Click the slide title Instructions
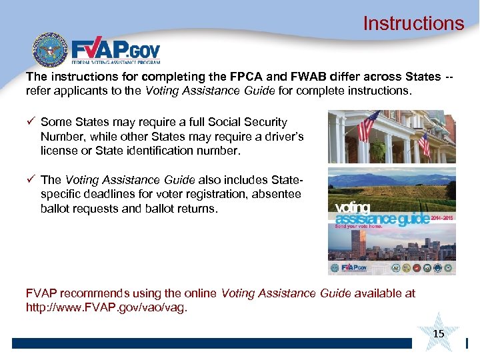click(413, 23)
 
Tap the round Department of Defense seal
click(50, 51)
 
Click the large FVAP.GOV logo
click(115, 51)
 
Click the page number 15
click(438, 333)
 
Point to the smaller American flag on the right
click(423, 143)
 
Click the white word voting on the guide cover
click(349, 208)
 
